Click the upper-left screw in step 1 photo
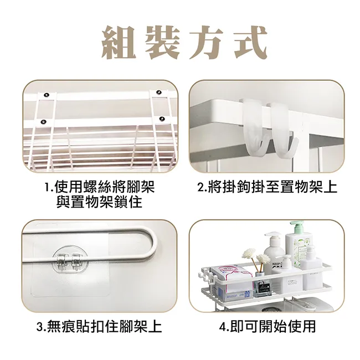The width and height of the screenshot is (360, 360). point(47,94)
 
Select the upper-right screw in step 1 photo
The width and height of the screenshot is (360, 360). point(158,92)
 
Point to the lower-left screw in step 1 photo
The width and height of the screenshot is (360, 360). point(44,122)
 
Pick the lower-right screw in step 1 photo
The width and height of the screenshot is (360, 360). point(162,119)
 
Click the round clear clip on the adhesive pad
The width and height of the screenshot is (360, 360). point(70,258)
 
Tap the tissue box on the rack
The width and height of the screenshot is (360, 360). point(232,283)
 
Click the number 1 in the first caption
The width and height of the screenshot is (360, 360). point(48,187)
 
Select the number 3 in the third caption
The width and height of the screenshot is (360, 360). point(40,326)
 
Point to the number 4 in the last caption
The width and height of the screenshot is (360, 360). point(223,326)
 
